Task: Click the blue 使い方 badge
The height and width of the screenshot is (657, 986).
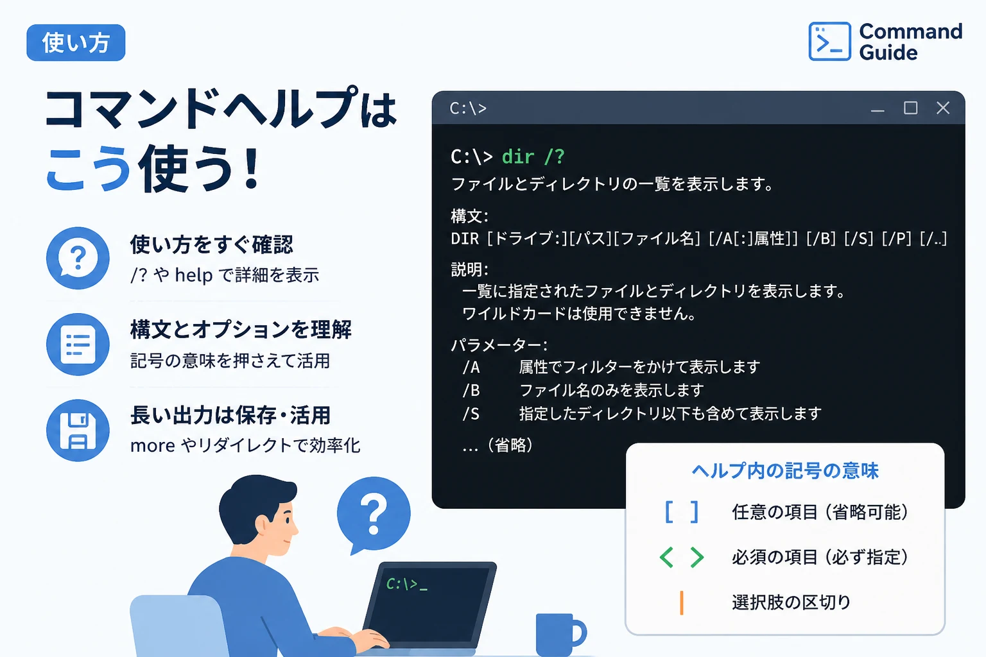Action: point(76,43)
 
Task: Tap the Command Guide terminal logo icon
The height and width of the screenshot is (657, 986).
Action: point(829,41)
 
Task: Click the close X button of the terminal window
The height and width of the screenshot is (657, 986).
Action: point(943,108)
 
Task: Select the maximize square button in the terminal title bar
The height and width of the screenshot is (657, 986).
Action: point(910,108)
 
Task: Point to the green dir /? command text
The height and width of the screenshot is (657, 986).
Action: point(533,157)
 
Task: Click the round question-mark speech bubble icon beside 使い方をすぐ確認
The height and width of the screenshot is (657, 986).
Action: point(78,258)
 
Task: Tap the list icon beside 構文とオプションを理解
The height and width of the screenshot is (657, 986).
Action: point(78,344)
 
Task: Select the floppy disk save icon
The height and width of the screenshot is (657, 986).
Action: point(78,431)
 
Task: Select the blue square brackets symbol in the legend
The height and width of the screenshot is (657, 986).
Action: point(681,512)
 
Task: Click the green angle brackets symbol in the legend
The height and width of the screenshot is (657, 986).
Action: point(681,557)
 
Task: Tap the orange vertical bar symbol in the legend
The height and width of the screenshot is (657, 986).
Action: point(681,602)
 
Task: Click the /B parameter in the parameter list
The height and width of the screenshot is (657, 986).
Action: point(471,390)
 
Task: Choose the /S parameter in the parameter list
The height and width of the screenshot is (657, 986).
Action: point(471,414)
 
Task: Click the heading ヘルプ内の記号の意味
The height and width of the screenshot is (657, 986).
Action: point(785,471)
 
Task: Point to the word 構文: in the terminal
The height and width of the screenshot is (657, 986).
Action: point(470,216)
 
